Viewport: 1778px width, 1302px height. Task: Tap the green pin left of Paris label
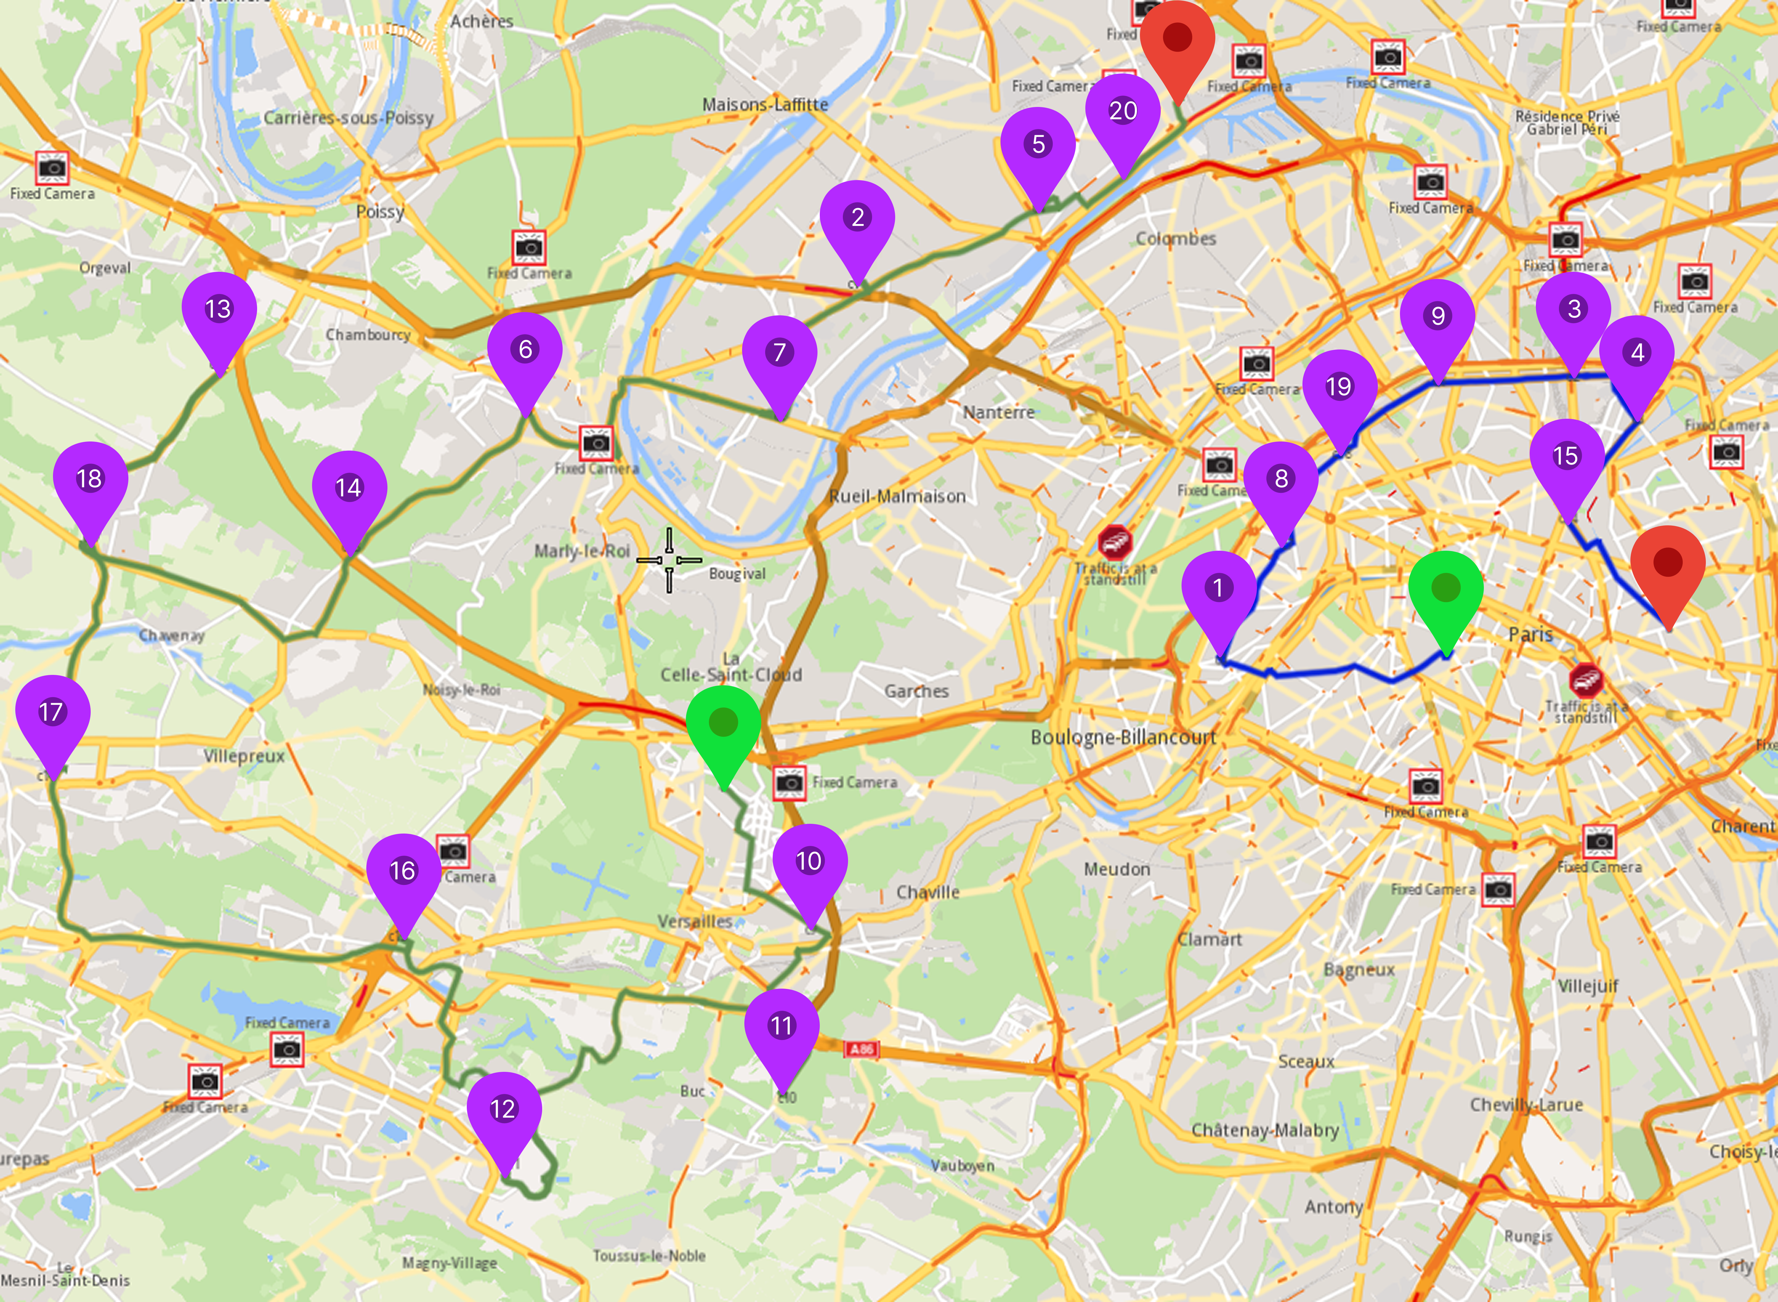pyautogui.click(x=1445, y=589)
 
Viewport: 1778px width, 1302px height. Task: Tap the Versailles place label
pyautogui.click(x=694, y=921)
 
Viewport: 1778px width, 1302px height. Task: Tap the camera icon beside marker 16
pyautogui.click(x=453, y=850)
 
